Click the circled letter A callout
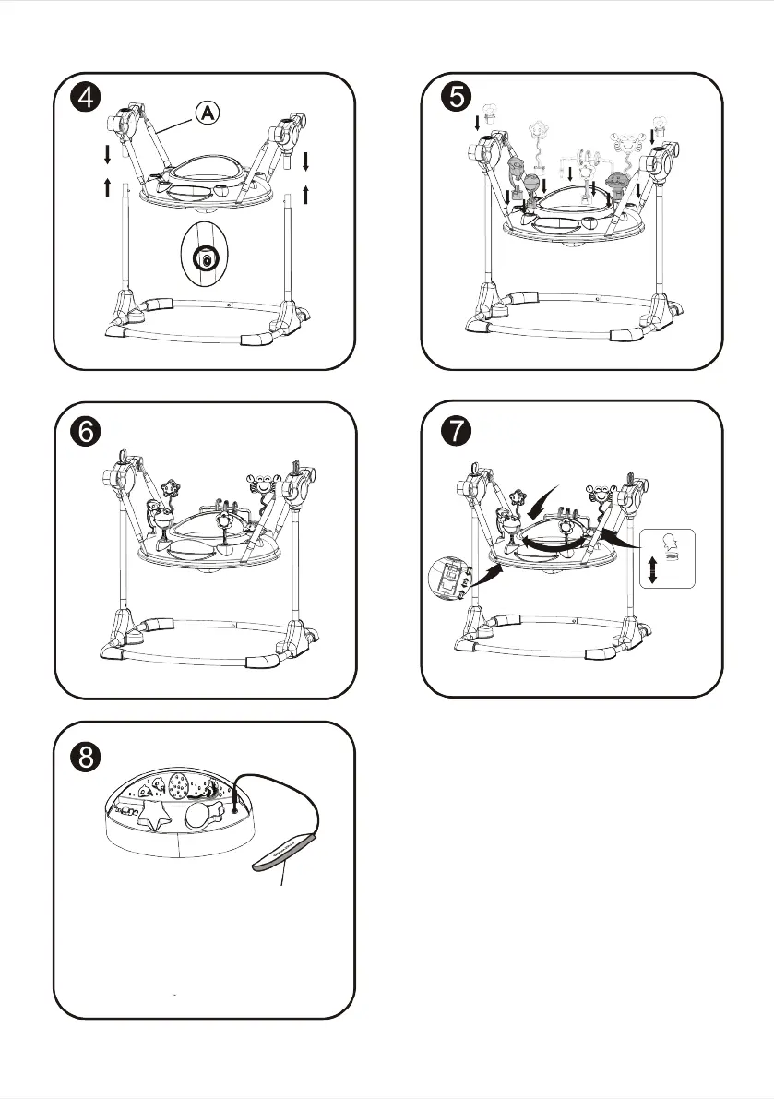[x=208, y=112]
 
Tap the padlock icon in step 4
[x=207, y=260]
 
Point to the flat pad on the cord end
[x=285, y=853]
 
